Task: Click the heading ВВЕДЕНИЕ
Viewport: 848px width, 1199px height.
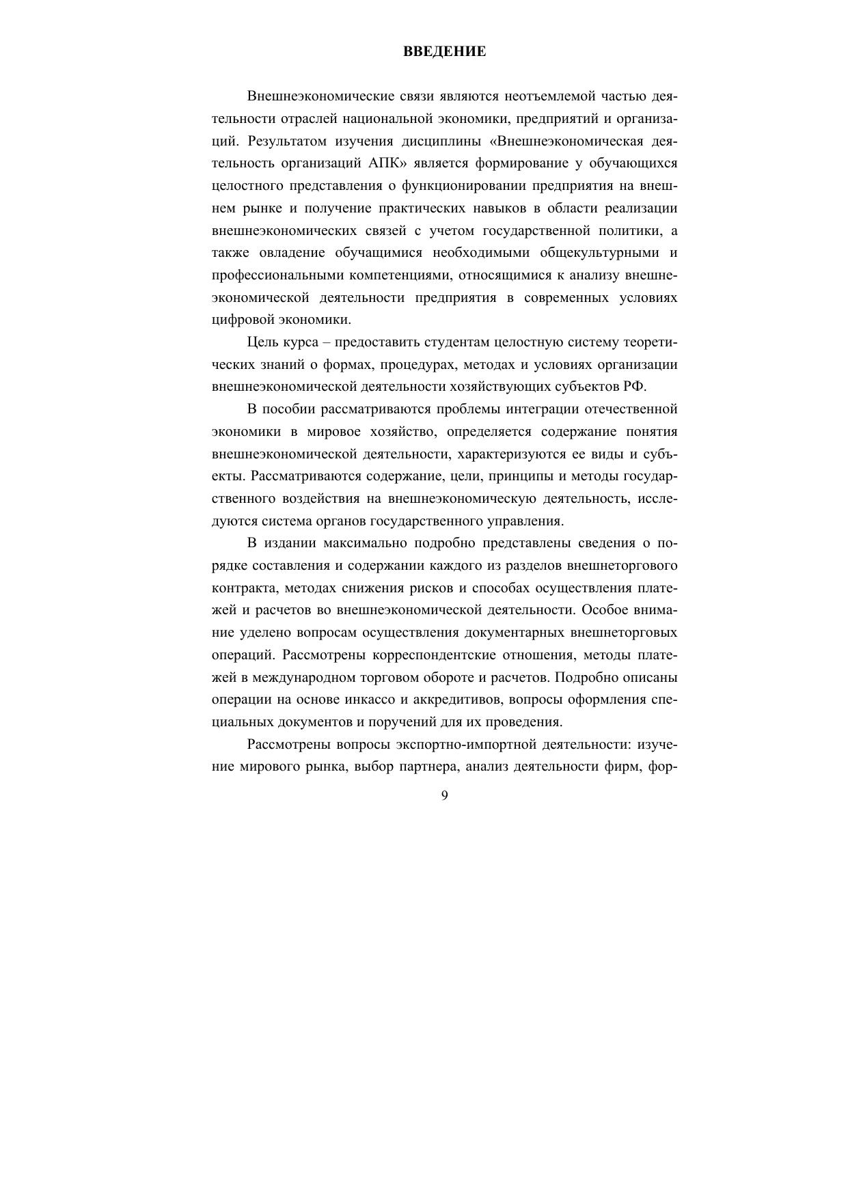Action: tap(444, 51)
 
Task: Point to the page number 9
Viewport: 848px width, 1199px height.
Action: tap(445, 795)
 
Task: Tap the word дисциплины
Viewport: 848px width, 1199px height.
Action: tap(444, 141)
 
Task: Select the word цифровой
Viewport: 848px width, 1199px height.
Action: tap(240, 320)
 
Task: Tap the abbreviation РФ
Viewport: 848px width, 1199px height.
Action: tap(633, 387)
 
